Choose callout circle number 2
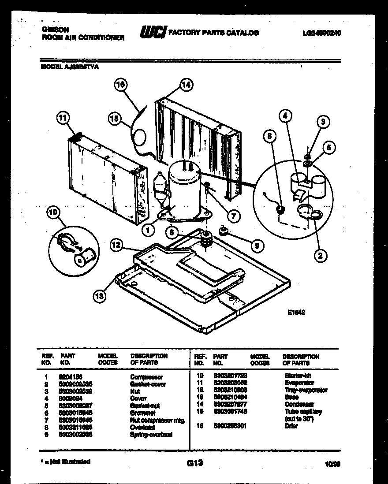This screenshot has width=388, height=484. pyautogui.click(x=321, y=254)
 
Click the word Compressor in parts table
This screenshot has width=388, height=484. pyautogui.click(x=146, y=377)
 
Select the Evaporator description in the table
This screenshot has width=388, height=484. pyautogui.click(x=299, y=383)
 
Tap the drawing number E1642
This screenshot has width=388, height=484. pyautogui.click(x=296, y=312)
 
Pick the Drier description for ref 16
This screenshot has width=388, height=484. pyautogui.click(x=291, y=426)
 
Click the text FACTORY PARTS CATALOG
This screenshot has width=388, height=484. pyautogui.click(x=214, y=33)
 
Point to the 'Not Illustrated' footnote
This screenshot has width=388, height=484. pyautogui.click(x=66, y=462)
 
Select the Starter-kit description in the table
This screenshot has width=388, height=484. pyautogui.click(x=298, y=376)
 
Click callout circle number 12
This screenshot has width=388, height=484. pyautogui.click(x=116, y=245)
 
